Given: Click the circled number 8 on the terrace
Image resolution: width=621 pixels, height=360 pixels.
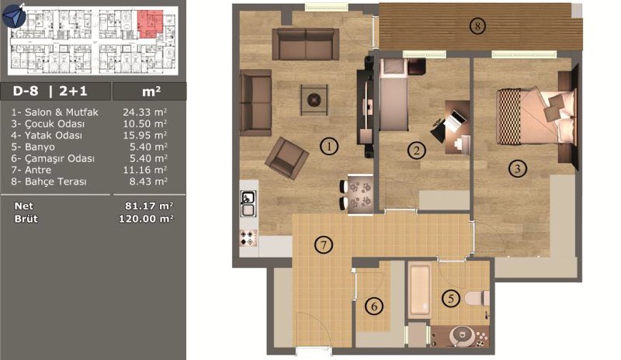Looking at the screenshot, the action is pos(477,26).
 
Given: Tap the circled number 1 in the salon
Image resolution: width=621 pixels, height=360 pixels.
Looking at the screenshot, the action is pos(328,147).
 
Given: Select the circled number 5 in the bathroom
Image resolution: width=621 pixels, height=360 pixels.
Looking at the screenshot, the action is pos(451,298).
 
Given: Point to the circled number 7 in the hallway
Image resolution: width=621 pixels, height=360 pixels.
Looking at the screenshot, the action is pos(324,244).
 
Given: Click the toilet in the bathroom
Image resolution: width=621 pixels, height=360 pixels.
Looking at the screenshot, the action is pos(477,298).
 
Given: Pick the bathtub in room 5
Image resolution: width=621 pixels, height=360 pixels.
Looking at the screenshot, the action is pos(420,291).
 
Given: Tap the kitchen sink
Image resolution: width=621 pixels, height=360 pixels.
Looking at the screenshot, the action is pos(248,203).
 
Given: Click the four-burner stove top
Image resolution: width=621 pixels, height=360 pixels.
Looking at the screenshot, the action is pos(248,238).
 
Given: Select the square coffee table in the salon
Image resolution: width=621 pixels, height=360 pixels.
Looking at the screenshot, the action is pos(314,100).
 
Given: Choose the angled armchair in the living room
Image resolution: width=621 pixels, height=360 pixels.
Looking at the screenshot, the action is pos(286,158).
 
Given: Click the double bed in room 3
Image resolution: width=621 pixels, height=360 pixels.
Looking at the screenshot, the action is pos(536,116).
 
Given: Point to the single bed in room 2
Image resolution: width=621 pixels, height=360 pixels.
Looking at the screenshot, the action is pos(394,95).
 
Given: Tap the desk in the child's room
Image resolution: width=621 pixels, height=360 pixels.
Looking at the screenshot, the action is pos(458,126).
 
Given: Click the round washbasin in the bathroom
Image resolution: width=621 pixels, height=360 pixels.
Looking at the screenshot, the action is pos(461,336).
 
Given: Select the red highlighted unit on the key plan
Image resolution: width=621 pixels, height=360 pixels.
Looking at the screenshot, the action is pos(150,24).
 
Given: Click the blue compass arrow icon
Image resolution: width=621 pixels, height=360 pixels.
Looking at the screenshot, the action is pos(14,16).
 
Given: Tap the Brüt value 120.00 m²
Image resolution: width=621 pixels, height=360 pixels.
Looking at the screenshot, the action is pos(146,219).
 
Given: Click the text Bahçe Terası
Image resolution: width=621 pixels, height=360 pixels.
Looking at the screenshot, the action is pos(55,182).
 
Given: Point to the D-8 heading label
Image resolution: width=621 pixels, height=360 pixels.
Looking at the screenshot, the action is pos(26,91).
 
